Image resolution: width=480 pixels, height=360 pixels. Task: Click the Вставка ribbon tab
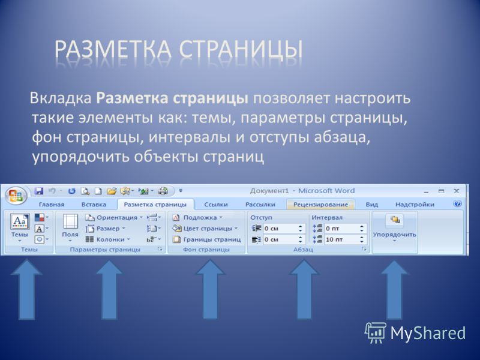(94, 205)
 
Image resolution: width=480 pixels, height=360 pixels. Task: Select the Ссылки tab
(216, 205)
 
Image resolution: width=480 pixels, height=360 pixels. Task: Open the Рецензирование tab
(320, 205)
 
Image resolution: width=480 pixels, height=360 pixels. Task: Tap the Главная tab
(52, 205)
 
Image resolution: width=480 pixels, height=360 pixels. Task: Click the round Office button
(16, 196)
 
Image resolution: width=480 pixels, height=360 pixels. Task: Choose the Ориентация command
(114, 218)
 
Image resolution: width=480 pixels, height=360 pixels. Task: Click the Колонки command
(108, 239)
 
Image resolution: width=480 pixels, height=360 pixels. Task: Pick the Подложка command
(197, 218)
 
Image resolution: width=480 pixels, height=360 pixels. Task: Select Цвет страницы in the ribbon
(205, 229)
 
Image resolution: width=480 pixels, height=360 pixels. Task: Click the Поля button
(70, 228)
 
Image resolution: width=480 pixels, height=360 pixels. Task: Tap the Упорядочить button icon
(395, 220)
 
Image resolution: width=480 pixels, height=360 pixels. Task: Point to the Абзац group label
(303, 250)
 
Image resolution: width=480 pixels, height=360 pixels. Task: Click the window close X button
(456, 191)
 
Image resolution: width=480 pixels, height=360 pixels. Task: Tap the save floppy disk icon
(39, 191)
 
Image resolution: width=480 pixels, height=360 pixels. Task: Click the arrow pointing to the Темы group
(26, 290)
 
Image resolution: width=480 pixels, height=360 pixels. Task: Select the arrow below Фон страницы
(211, 289)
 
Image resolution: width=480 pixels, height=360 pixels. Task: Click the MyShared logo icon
(376, 332)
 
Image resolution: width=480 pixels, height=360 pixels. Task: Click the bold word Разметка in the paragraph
(132, 98)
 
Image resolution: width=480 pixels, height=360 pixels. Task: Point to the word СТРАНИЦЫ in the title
(241, 49)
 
